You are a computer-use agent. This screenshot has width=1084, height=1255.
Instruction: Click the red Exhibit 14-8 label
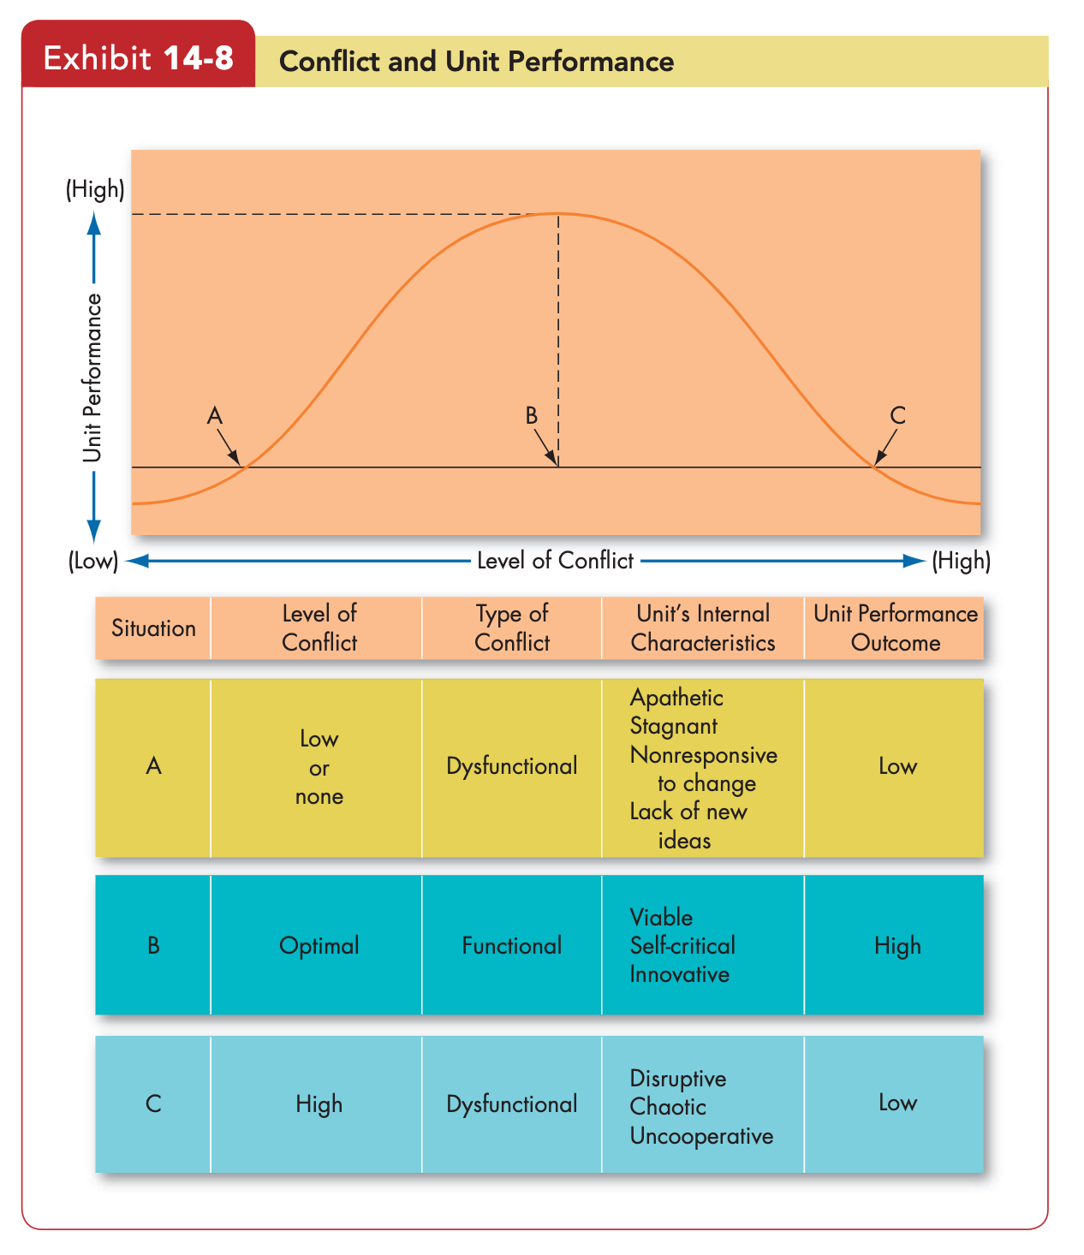coord(139,57)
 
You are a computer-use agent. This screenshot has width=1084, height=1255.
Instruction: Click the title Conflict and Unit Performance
coord(476,62)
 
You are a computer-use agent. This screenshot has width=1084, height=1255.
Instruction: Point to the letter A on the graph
coord(214,416)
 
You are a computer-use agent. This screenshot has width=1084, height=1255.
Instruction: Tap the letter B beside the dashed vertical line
coord(532,416)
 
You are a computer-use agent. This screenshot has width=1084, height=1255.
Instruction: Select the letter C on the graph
coord(897,416)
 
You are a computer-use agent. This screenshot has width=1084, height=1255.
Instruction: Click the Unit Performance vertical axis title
coord(92,378)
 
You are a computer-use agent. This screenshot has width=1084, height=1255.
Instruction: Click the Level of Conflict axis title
coord(555,561)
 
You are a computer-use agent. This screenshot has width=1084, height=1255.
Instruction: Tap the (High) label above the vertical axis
coord(95,189)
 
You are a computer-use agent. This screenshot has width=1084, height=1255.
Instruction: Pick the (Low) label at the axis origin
coord(93,561)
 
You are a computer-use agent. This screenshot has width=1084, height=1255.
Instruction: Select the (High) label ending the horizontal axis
coord(962,561)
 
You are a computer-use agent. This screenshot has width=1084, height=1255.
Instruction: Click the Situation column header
coord(153,628)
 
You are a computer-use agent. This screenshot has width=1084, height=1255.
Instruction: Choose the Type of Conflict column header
coord(512,628)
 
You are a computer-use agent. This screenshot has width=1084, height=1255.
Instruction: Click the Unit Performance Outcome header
coord(896,628)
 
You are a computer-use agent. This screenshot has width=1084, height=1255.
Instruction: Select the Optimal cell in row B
coord(319,946)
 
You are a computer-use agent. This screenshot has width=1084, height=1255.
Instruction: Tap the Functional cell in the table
coord(512,945)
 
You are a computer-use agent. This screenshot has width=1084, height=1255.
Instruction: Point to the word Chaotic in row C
coord(668,1107)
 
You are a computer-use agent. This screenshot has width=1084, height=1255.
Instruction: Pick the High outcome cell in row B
coord(897,946)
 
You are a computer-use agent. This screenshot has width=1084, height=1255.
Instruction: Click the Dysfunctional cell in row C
coord(512,1104)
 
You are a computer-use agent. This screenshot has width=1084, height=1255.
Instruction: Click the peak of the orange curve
coord(558,214)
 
